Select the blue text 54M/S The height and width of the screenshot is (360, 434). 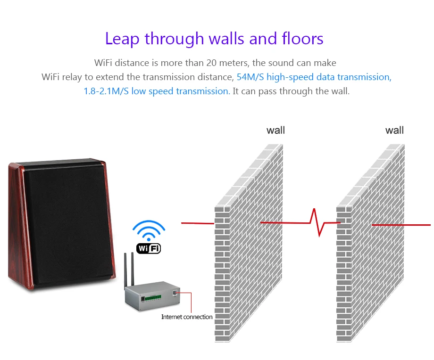(250, 77)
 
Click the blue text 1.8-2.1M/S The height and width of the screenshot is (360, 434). (106, 91)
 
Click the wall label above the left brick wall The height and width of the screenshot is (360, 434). (275, 130)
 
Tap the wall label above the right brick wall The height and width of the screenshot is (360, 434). (394, 130)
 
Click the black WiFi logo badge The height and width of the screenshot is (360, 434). (148, 248)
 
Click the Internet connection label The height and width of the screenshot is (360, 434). (187, 317)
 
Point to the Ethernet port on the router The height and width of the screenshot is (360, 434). (175, 293)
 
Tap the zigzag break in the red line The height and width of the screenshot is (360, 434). (317, 222)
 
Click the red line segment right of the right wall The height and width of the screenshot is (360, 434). (401, 225)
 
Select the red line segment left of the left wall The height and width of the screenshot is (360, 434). (198, 223)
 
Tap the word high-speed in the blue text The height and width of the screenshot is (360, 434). (289, 77)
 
